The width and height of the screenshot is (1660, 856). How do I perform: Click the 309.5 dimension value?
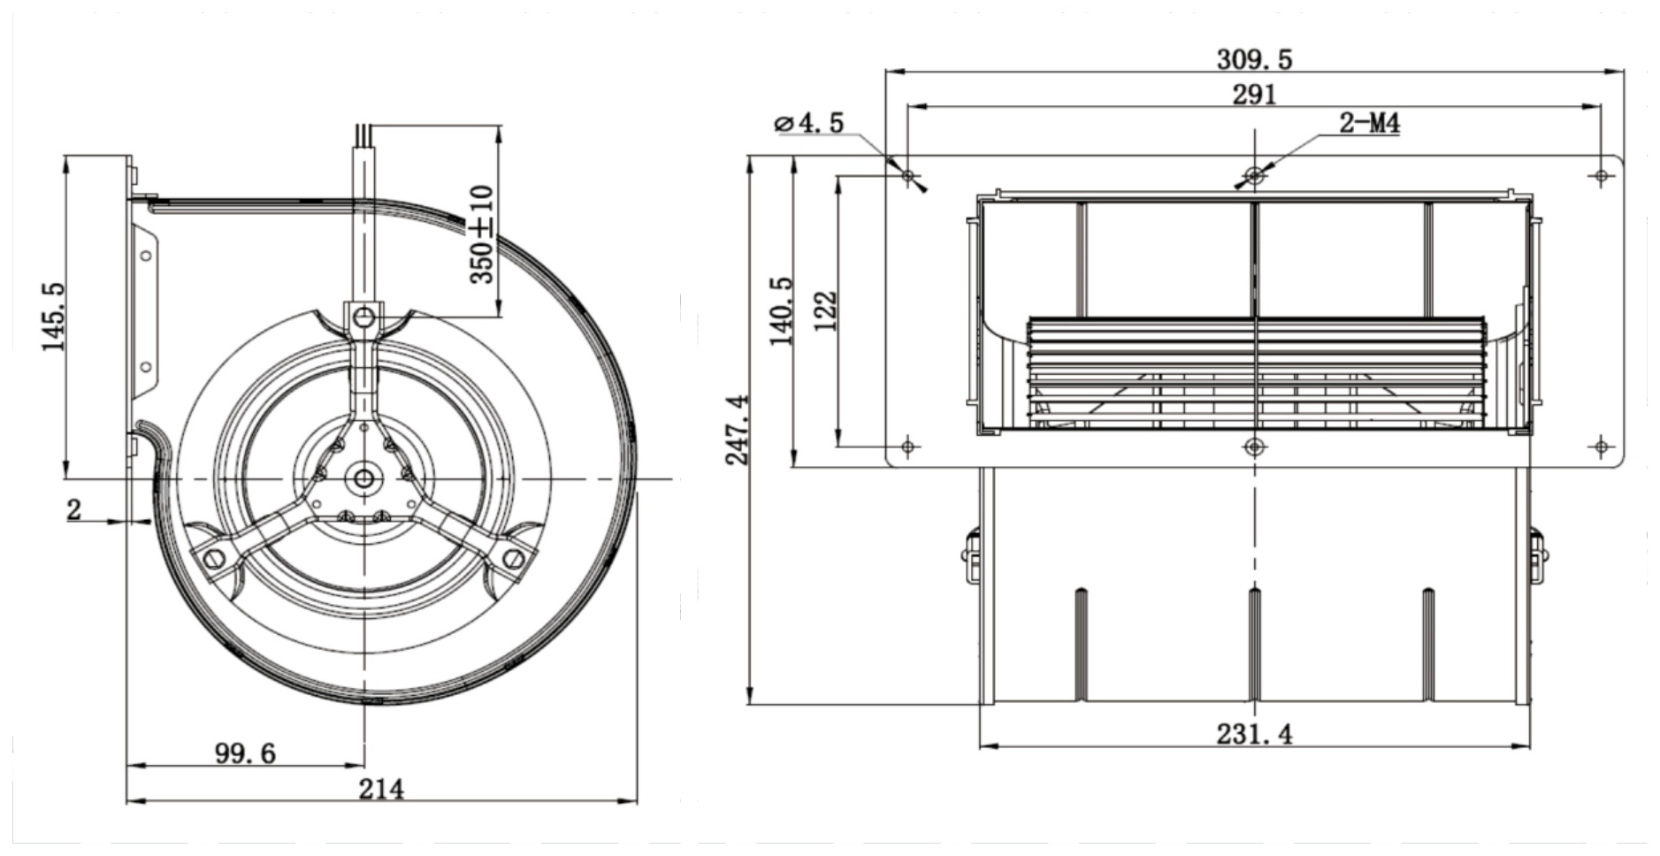(1254, 59)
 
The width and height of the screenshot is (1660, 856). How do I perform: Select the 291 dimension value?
(1254, 94)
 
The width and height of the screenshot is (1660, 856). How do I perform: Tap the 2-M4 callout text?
(1369, 123)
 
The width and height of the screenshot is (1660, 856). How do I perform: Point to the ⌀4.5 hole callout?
(808, 123)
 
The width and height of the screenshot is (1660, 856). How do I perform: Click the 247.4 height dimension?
(737, 430)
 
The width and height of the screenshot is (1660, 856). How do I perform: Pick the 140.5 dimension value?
(781, 311)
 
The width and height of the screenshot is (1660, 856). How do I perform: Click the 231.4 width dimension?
(1254, 734)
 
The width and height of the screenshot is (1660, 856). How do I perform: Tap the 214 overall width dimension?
(381, 789)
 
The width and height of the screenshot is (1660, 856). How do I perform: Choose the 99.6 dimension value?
(245, 753)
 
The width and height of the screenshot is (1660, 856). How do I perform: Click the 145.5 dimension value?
(53, 316)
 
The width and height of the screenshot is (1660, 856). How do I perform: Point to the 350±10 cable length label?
(482, 233)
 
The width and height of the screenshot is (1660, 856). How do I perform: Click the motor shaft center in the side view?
(363, 478)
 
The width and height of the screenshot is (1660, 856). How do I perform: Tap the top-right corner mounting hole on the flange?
(1602, 176)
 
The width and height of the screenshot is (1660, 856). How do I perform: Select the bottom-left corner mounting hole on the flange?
(908, 447)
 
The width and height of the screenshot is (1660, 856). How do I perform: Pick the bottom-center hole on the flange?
(1254, 447)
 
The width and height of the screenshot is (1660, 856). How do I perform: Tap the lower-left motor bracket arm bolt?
(213, 558)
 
